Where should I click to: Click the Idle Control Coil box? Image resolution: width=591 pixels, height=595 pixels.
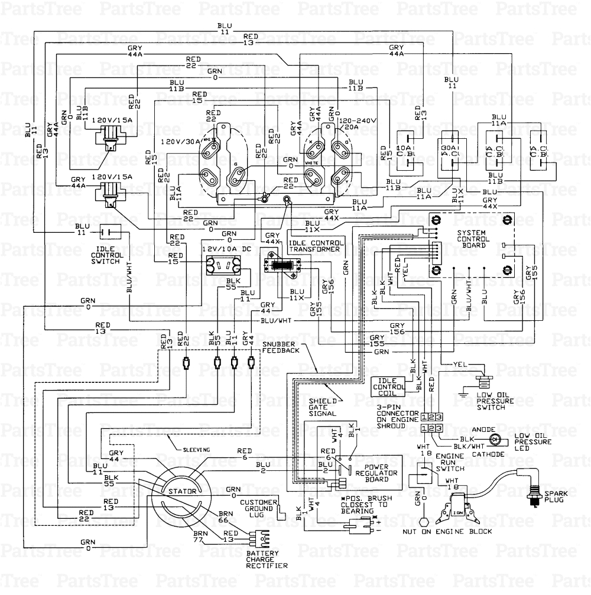pos(388,386)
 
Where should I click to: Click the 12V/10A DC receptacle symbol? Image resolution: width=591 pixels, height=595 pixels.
pos(223,265)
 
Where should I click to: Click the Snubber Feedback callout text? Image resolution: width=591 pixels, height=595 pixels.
pos(281,347)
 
